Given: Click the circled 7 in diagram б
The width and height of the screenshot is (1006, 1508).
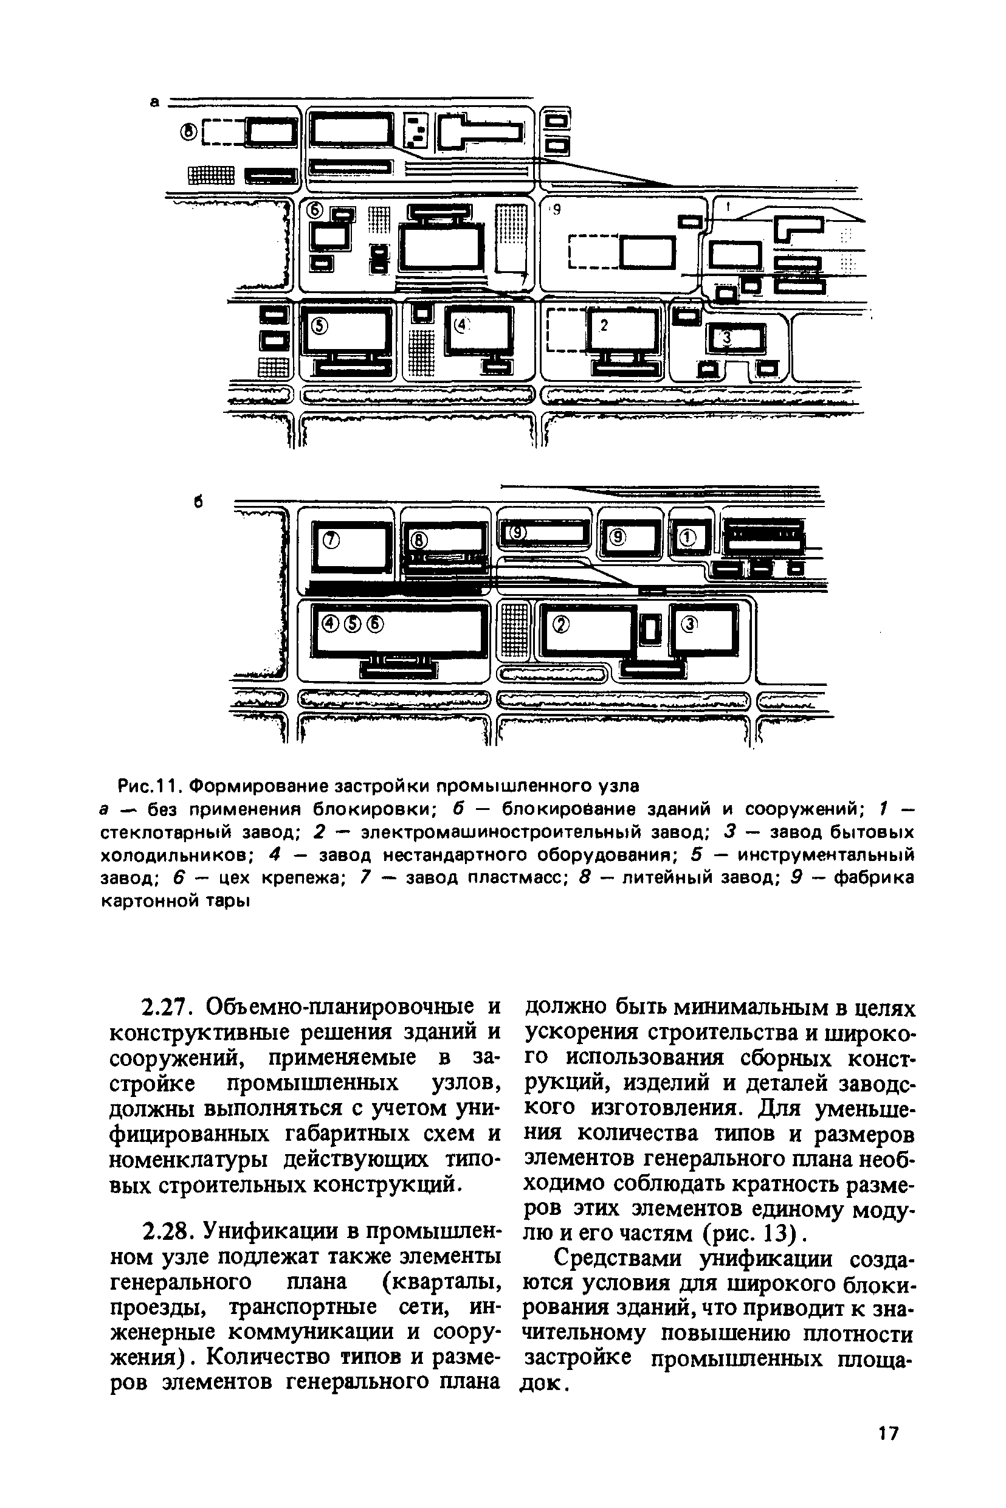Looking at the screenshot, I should click(x=331, y=541).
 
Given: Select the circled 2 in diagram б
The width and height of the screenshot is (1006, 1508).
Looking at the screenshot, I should click(x=560, y=624).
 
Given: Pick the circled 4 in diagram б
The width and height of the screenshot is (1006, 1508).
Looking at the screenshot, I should click(x=331, y=623).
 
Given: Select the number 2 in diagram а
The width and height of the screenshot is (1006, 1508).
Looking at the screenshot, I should click(x=603, y=325).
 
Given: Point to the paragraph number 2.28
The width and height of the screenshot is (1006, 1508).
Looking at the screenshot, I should click(x=168, y=1231).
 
